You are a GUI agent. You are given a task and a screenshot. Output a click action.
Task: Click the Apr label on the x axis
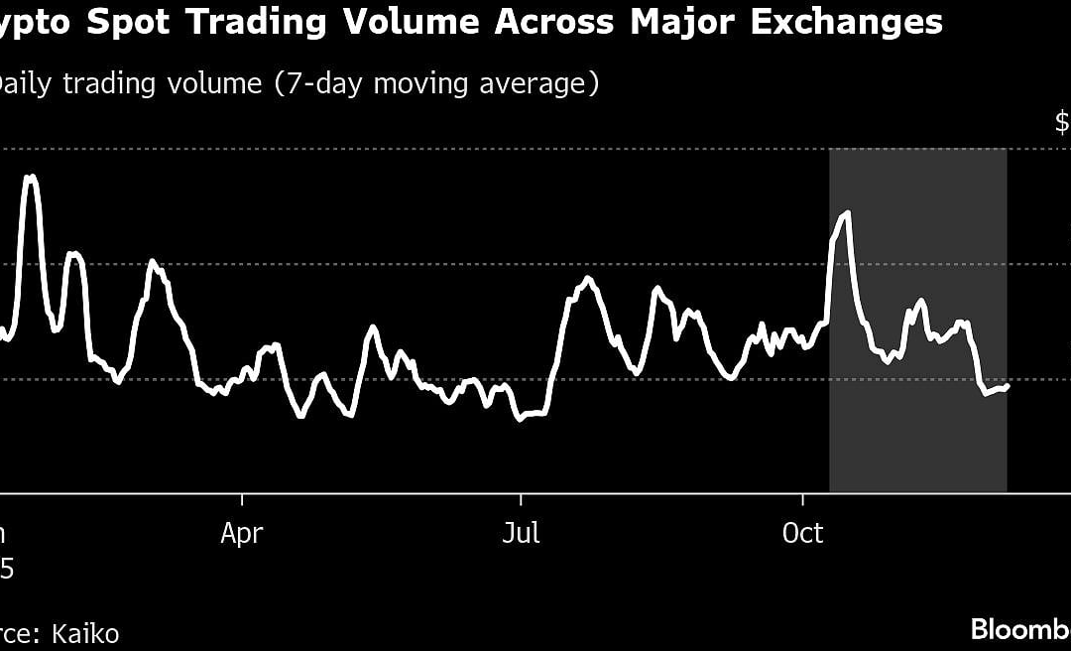[242, 534]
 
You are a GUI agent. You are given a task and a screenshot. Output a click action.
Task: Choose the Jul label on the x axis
[521, 534]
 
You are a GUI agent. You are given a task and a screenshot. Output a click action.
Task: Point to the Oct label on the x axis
[802, 534]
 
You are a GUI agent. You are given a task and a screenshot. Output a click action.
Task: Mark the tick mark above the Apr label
[242, 498]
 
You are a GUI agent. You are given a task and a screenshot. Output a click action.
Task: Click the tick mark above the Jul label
[521, 498]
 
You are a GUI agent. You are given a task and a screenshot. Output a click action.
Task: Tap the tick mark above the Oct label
[802, 498]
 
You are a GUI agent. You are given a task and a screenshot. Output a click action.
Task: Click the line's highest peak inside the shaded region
[846, 213]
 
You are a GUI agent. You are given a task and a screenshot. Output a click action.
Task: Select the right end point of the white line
[1007, 386]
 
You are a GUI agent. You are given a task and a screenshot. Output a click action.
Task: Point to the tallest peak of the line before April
[31, 177]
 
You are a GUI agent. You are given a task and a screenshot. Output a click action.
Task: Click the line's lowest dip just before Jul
[519, 419]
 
